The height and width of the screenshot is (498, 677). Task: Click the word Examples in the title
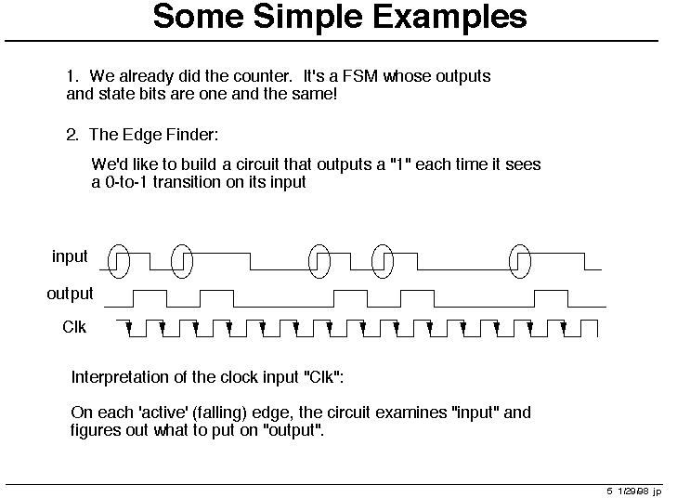click(x=449, y=17)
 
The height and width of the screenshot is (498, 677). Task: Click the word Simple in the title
click(x=307, y=19)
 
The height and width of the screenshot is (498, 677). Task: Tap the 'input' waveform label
click(x=70, y=256)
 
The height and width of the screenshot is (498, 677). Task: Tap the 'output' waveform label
click(x=70, y=294)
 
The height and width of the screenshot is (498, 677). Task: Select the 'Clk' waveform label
click(x=74, y=327)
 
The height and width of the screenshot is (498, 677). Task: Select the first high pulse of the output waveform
click(x=150, y=291)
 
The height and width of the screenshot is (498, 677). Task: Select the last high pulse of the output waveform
click(x=551, y=291)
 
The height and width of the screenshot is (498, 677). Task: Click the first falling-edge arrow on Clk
click(x=129, y=329)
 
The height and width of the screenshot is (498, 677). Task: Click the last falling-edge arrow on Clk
click(x=564, y=329)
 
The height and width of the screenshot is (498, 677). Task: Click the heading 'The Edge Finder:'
click(x=154, y=135)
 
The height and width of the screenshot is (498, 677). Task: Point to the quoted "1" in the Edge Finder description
click(x=400, y=164)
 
